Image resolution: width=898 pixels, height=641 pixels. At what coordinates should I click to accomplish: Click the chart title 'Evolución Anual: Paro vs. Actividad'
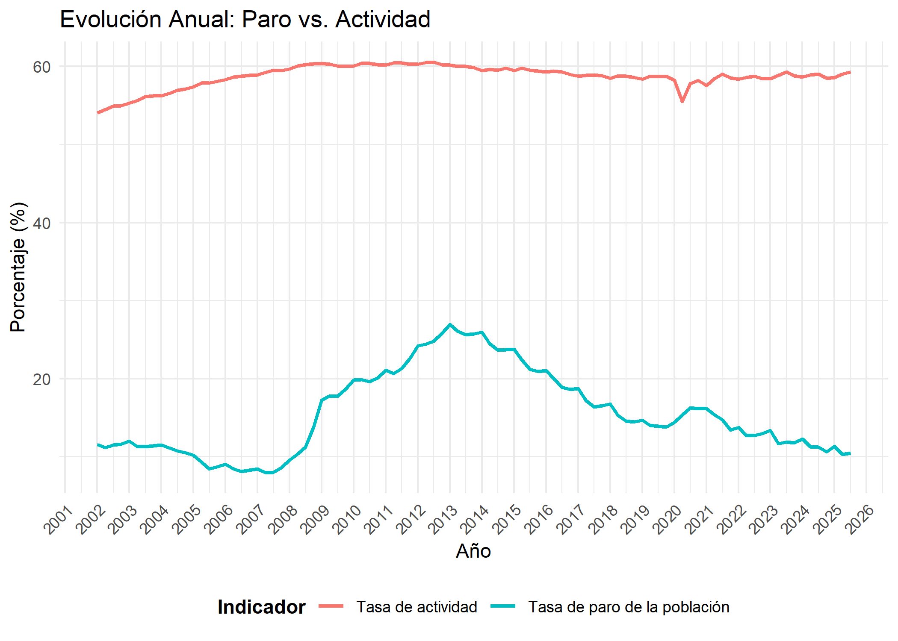pyautogui.click(x=245, y=20)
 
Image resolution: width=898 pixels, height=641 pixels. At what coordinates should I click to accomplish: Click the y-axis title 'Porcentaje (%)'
pyautogui.click(x=18, y=267)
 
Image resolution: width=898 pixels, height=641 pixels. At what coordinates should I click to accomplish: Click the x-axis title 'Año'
pyautogui.click(x=473, y=551)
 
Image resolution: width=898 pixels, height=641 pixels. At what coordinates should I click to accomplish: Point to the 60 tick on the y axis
pyautogui.click(x=41, y=67)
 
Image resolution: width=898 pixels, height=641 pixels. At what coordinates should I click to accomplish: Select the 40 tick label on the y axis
pyautogui.click(x=41, y=223)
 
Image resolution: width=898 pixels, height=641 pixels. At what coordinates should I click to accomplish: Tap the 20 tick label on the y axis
pyautogui.click(x=41, y=379)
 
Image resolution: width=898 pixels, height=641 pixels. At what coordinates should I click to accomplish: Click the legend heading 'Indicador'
pyautogui.click(x=261, y=607)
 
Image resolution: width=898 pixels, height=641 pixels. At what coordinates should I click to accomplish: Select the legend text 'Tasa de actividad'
pyautogui.click(x=417, y=607)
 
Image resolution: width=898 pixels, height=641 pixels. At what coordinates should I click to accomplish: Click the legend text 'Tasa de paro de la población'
pyautogui.click(x=629, y=607)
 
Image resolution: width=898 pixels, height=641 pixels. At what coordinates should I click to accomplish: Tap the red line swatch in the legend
pyautogui.click(x=331, y=606)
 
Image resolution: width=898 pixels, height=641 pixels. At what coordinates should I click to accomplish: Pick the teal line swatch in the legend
pyautogui.click(x=503, y=606)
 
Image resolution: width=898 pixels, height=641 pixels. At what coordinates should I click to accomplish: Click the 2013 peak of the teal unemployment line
pyautogui.click(x=450, y=325)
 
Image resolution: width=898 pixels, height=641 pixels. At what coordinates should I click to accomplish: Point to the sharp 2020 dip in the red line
pyautogui.click(x=682, y=101)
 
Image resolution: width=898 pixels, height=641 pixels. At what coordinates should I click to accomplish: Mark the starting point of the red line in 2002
pyautogui.click(x=97, y=113)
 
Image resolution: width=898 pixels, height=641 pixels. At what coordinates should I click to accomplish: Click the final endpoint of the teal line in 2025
pyautogui.click(x=850, y=453)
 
